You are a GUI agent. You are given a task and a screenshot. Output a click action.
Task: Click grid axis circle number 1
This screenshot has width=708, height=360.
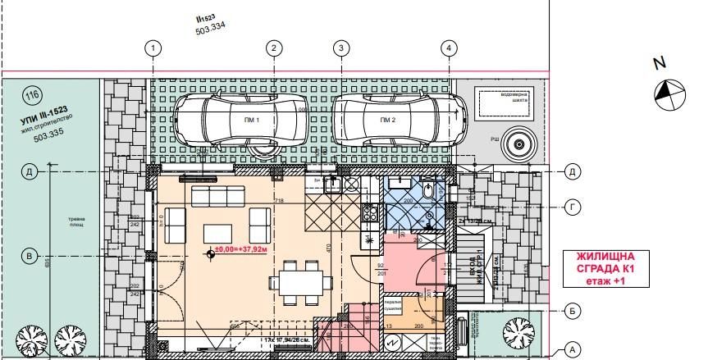tap(153, 48)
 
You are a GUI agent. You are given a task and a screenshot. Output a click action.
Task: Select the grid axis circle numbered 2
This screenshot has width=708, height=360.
tap(273, 48)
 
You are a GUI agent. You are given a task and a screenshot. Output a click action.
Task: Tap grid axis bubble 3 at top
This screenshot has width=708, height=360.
tap(340, 48)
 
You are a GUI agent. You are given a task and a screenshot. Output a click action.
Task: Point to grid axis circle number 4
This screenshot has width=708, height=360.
tap(448, 48)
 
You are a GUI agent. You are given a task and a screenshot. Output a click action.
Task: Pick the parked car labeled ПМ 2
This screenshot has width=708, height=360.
tap(389, 121)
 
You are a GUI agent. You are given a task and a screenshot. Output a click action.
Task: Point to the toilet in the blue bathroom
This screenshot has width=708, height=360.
tap(431, 191)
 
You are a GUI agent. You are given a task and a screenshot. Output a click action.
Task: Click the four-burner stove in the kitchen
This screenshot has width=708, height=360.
tap(369, 213)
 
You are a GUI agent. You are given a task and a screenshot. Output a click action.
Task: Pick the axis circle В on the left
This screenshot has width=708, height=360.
tap(30, 257)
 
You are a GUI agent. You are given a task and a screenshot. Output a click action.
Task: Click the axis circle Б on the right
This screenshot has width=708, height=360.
tap(573, 311)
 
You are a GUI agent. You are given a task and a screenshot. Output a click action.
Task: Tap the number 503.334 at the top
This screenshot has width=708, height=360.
tap(210, 29)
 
